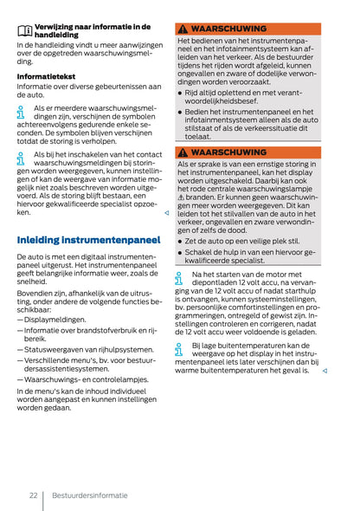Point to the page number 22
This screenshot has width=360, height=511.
[32, 495]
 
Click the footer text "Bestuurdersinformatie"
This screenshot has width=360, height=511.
[89, 495]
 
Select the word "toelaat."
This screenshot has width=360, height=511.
[199, 136]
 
